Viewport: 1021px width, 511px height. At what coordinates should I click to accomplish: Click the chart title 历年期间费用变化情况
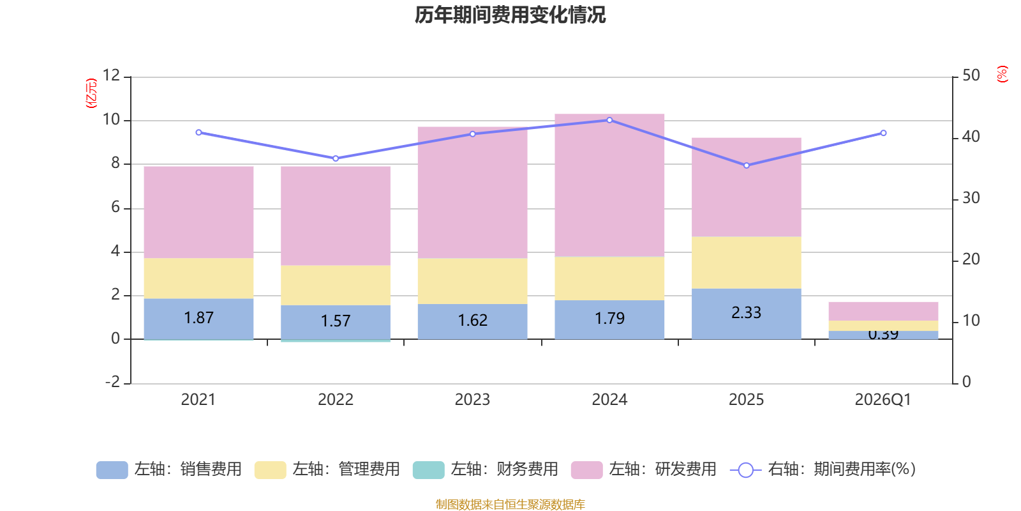coord(510,15)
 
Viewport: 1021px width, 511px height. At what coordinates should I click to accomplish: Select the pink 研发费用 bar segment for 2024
coord(609,185)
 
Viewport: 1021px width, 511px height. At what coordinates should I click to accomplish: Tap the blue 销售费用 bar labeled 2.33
coord(746,313)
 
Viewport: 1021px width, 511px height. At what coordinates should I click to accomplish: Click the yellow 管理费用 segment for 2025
coord(746,263)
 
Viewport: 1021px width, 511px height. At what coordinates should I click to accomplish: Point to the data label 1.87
coord(198,318)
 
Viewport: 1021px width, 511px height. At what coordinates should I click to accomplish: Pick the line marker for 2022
coord(336,158)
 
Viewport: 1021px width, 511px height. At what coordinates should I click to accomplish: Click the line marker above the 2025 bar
coord(747,165)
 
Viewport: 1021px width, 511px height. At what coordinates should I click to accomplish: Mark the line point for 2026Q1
coord(883,133)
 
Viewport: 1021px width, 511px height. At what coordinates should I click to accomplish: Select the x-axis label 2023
coord(472,400)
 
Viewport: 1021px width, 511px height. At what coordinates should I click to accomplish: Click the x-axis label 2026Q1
coord(883,400)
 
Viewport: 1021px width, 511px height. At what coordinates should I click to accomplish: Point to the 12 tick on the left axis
coord(111,75)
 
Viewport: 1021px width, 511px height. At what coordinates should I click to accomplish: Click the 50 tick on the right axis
coord(971,75)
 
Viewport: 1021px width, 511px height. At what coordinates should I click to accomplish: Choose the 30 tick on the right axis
coord(971,198)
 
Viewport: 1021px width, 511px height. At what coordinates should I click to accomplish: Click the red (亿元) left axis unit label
coord(91,93)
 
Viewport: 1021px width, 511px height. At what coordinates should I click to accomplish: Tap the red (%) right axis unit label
coord(1002,74)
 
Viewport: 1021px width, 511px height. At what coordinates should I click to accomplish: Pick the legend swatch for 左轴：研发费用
coord(586,470)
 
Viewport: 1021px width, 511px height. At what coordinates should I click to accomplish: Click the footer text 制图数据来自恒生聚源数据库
coord(510,505)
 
